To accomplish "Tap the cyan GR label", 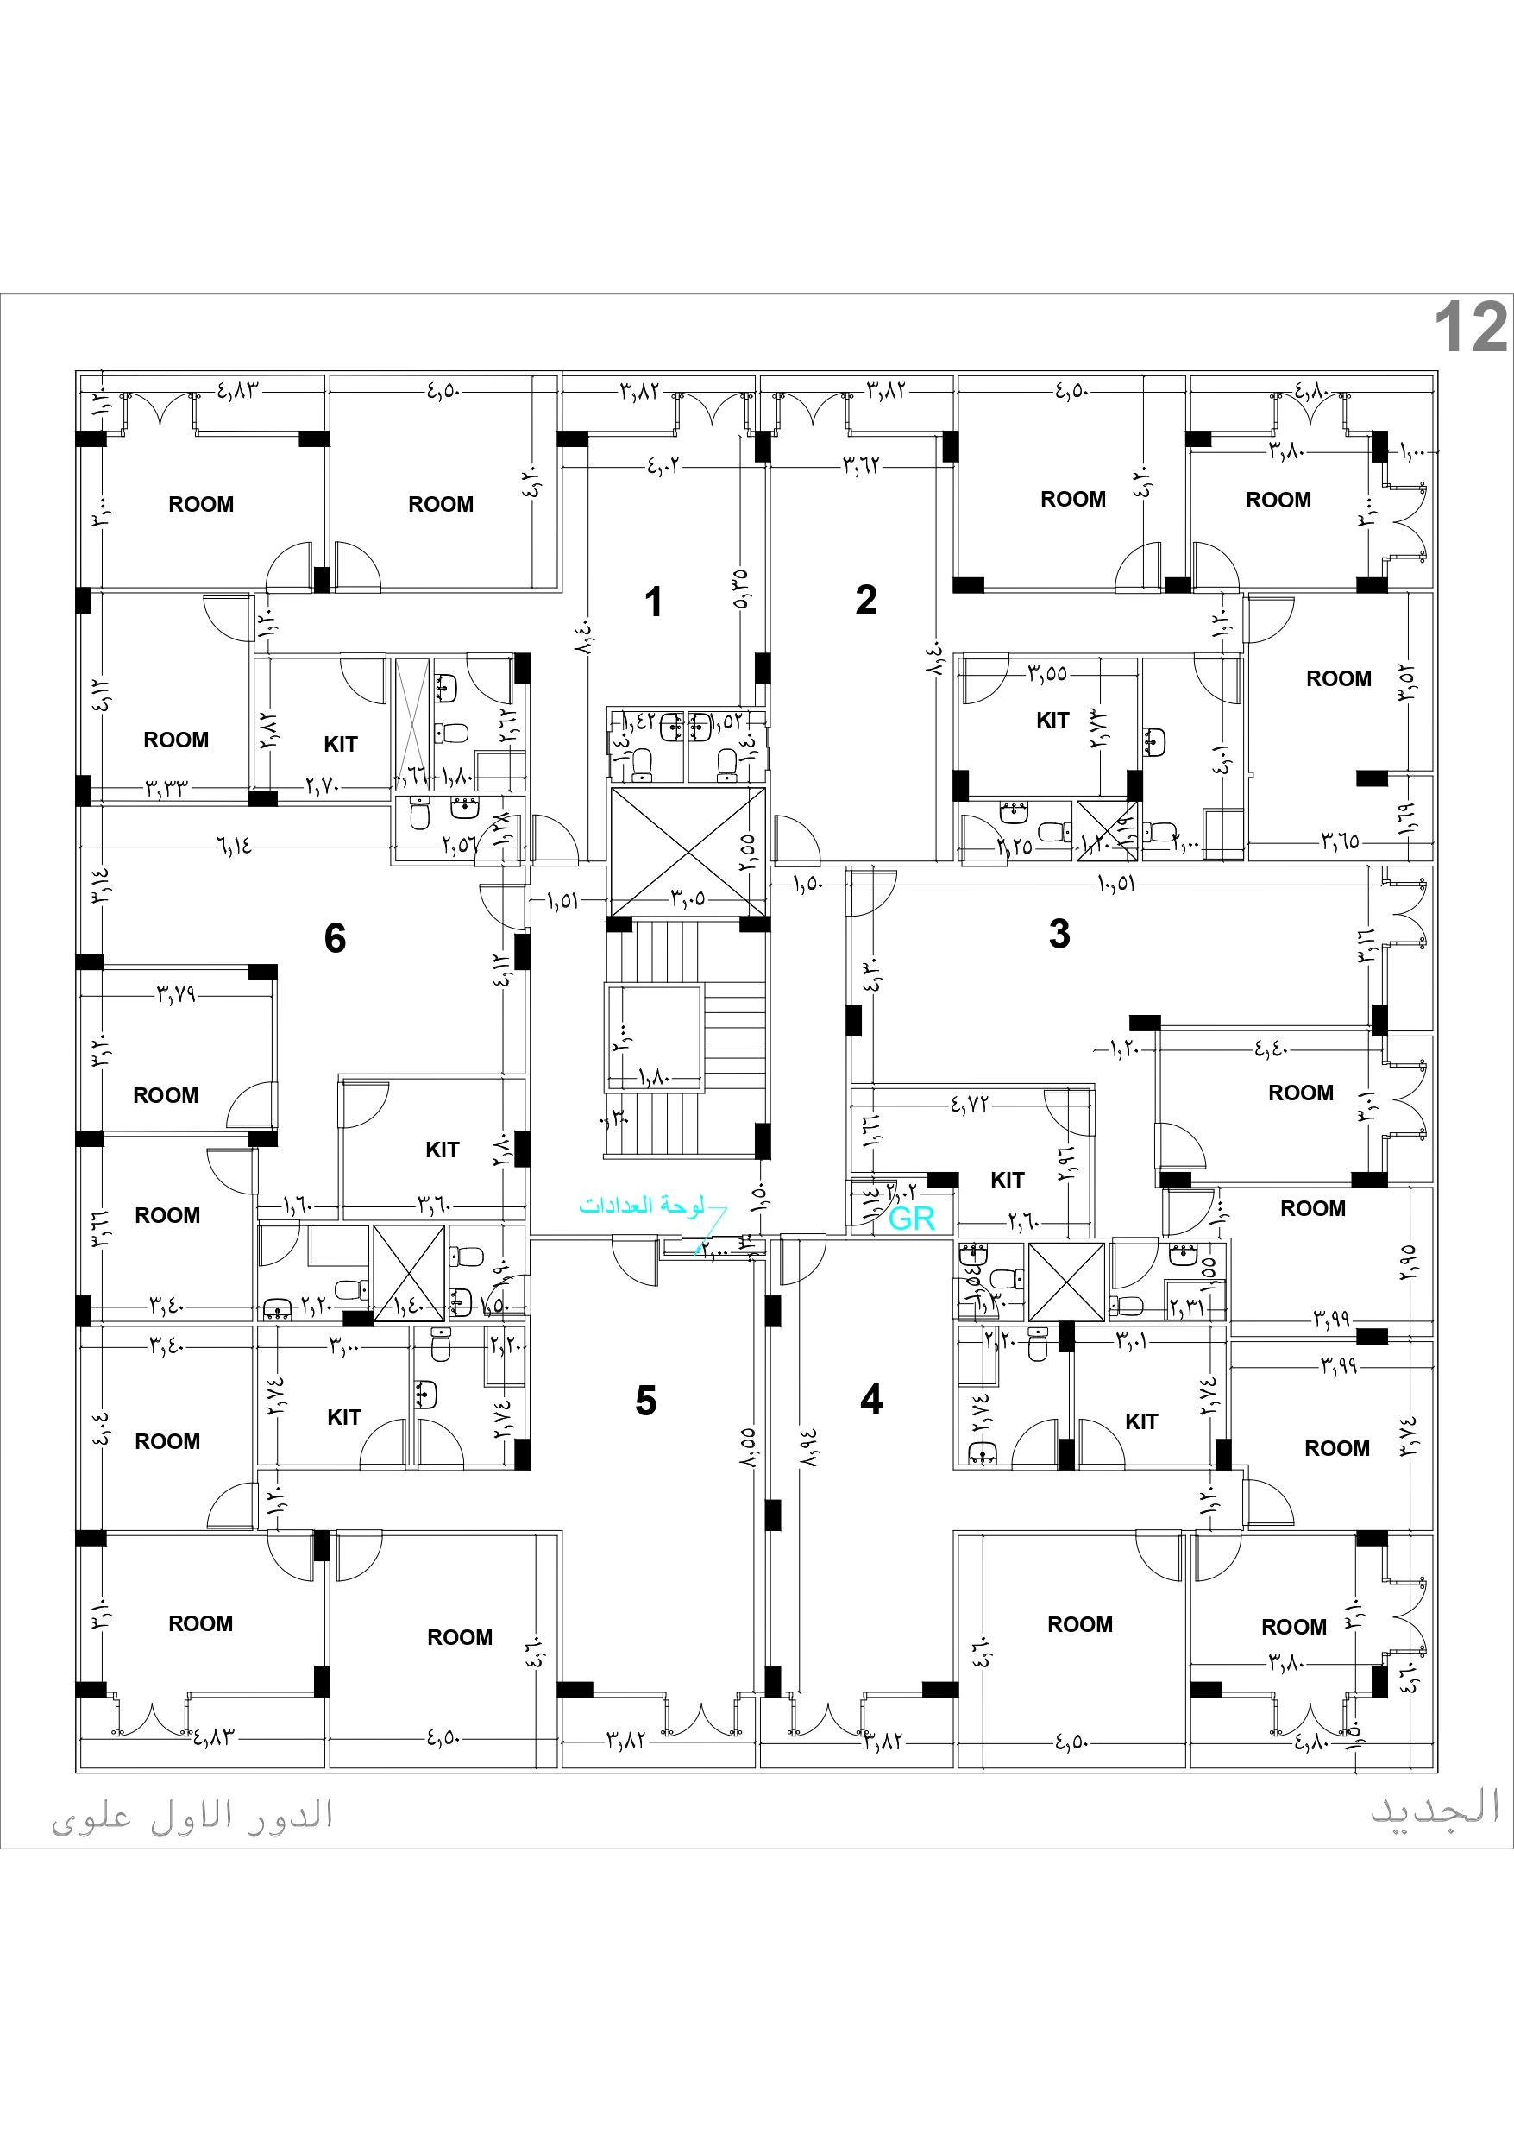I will point(911,1219).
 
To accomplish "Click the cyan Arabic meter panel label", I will point(642,1206).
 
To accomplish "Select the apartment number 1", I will point(653,602).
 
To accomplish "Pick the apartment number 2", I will point(865,600).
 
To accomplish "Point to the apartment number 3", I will point(1059,934).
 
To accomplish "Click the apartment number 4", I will point(871,1398).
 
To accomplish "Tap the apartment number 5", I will point(645,1401).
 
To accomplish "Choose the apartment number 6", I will point(335,937).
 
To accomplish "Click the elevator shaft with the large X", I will point(688,851).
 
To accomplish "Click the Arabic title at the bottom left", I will point(192,1816).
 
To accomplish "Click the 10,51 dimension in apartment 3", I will point(1115,883).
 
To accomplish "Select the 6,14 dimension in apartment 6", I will point(234,846).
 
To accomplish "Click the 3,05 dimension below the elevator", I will point(688,899).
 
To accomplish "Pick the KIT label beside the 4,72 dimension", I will point(1007,1180).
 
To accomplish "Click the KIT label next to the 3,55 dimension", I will point(1052,721).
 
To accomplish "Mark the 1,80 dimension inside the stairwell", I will point(654,1078).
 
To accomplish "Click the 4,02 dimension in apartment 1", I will point(663,464).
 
